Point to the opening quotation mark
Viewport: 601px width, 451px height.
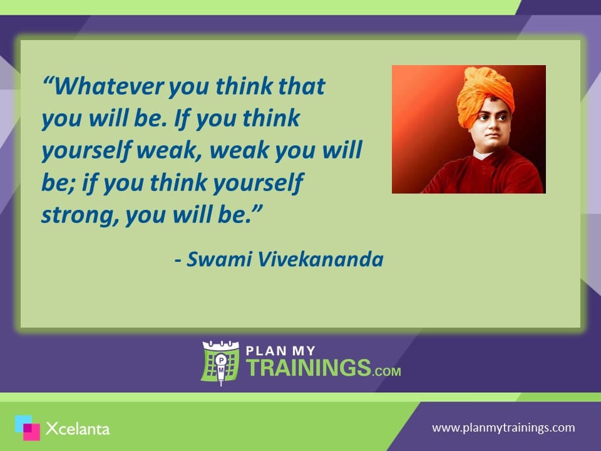click(48, 81)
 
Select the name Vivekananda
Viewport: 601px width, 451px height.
click(320, 259)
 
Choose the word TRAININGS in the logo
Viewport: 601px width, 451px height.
click(309, 368)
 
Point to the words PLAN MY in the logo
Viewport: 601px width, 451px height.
click(280, 351)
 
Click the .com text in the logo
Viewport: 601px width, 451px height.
click(386, 371)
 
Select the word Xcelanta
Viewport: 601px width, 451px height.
click(78, 428)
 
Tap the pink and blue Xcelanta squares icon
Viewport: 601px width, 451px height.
click(27, 428)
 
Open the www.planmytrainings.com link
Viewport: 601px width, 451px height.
click(503, 428)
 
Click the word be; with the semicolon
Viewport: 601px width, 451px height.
click(58, 182)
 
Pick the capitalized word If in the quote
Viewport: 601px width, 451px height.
click(182, 118)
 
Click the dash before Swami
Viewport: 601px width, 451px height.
click(178, 261)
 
